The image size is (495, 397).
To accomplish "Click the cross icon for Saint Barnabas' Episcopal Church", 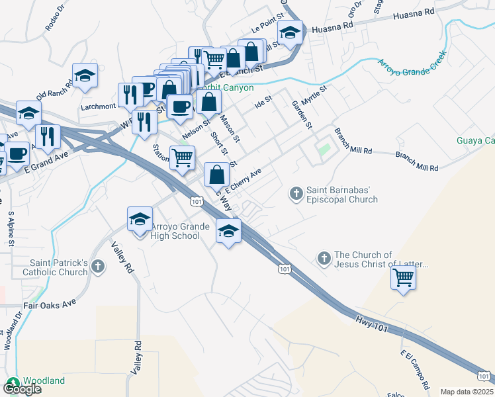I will (296, 194).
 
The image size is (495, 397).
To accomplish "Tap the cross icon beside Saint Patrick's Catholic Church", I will (98, 267).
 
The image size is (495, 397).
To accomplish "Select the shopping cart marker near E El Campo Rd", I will (403, 277).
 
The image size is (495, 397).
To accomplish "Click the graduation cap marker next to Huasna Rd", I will (289, 32).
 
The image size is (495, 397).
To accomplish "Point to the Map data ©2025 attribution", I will (466, 392).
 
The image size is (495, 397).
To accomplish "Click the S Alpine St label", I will (11, 229).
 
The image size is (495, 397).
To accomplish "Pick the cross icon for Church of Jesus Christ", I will (324, 257).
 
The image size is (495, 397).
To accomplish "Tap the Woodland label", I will (44, 380).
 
